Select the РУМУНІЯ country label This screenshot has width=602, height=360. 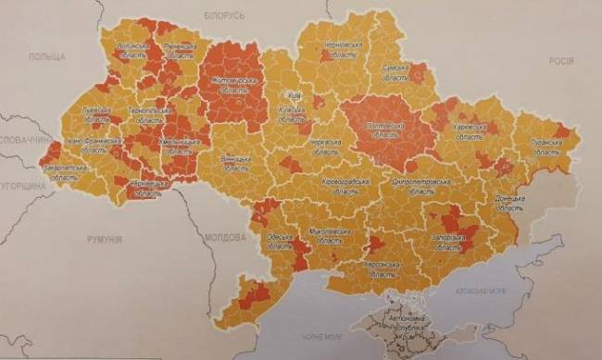click(x=105, y=239)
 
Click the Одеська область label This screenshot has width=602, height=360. click(x=278, y=242)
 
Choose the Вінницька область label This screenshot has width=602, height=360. click(x=235, y=163)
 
